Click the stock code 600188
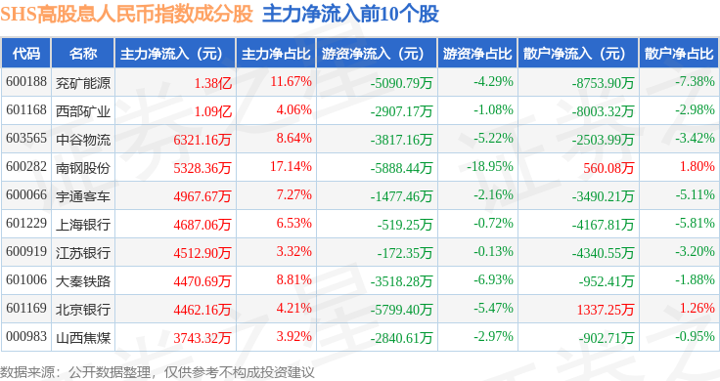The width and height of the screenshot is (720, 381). [26, 82]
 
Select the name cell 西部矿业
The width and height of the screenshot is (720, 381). [83, 111]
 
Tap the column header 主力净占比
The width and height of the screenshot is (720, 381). [276, 54]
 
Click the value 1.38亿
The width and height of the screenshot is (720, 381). [213, 83]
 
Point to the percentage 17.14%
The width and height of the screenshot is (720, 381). [291, 166]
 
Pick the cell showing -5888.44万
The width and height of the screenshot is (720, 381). [402, 168]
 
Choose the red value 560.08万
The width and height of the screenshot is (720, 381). [608, 168]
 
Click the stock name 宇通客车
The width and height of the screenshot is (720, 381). [83, 196]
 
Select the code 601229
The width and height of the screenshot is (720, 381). [26, 224]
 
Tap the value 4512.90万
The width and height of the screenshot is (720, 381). [202, 253]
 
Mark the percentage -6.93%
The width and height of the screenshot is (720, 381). [493, 279]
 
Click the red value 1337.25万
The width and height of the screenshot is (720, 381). [606, 310]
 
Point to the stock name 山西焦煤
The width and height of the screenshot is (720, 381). [83, 338]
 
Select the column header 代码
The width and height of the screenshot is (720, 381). [26, 54]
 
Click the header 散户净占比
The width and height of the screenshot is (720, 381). [679, 54]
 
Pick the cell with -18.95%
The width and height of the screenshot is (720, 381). [490, 166]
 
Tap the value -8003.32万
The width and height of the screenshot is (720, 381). [603, 111]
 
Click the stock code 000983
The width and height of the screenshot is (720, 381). [26, 336]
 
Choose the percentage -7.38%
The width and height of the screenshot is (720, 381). [695, 82]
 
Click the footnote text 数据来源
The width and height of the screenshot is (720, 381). [27, 372]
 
